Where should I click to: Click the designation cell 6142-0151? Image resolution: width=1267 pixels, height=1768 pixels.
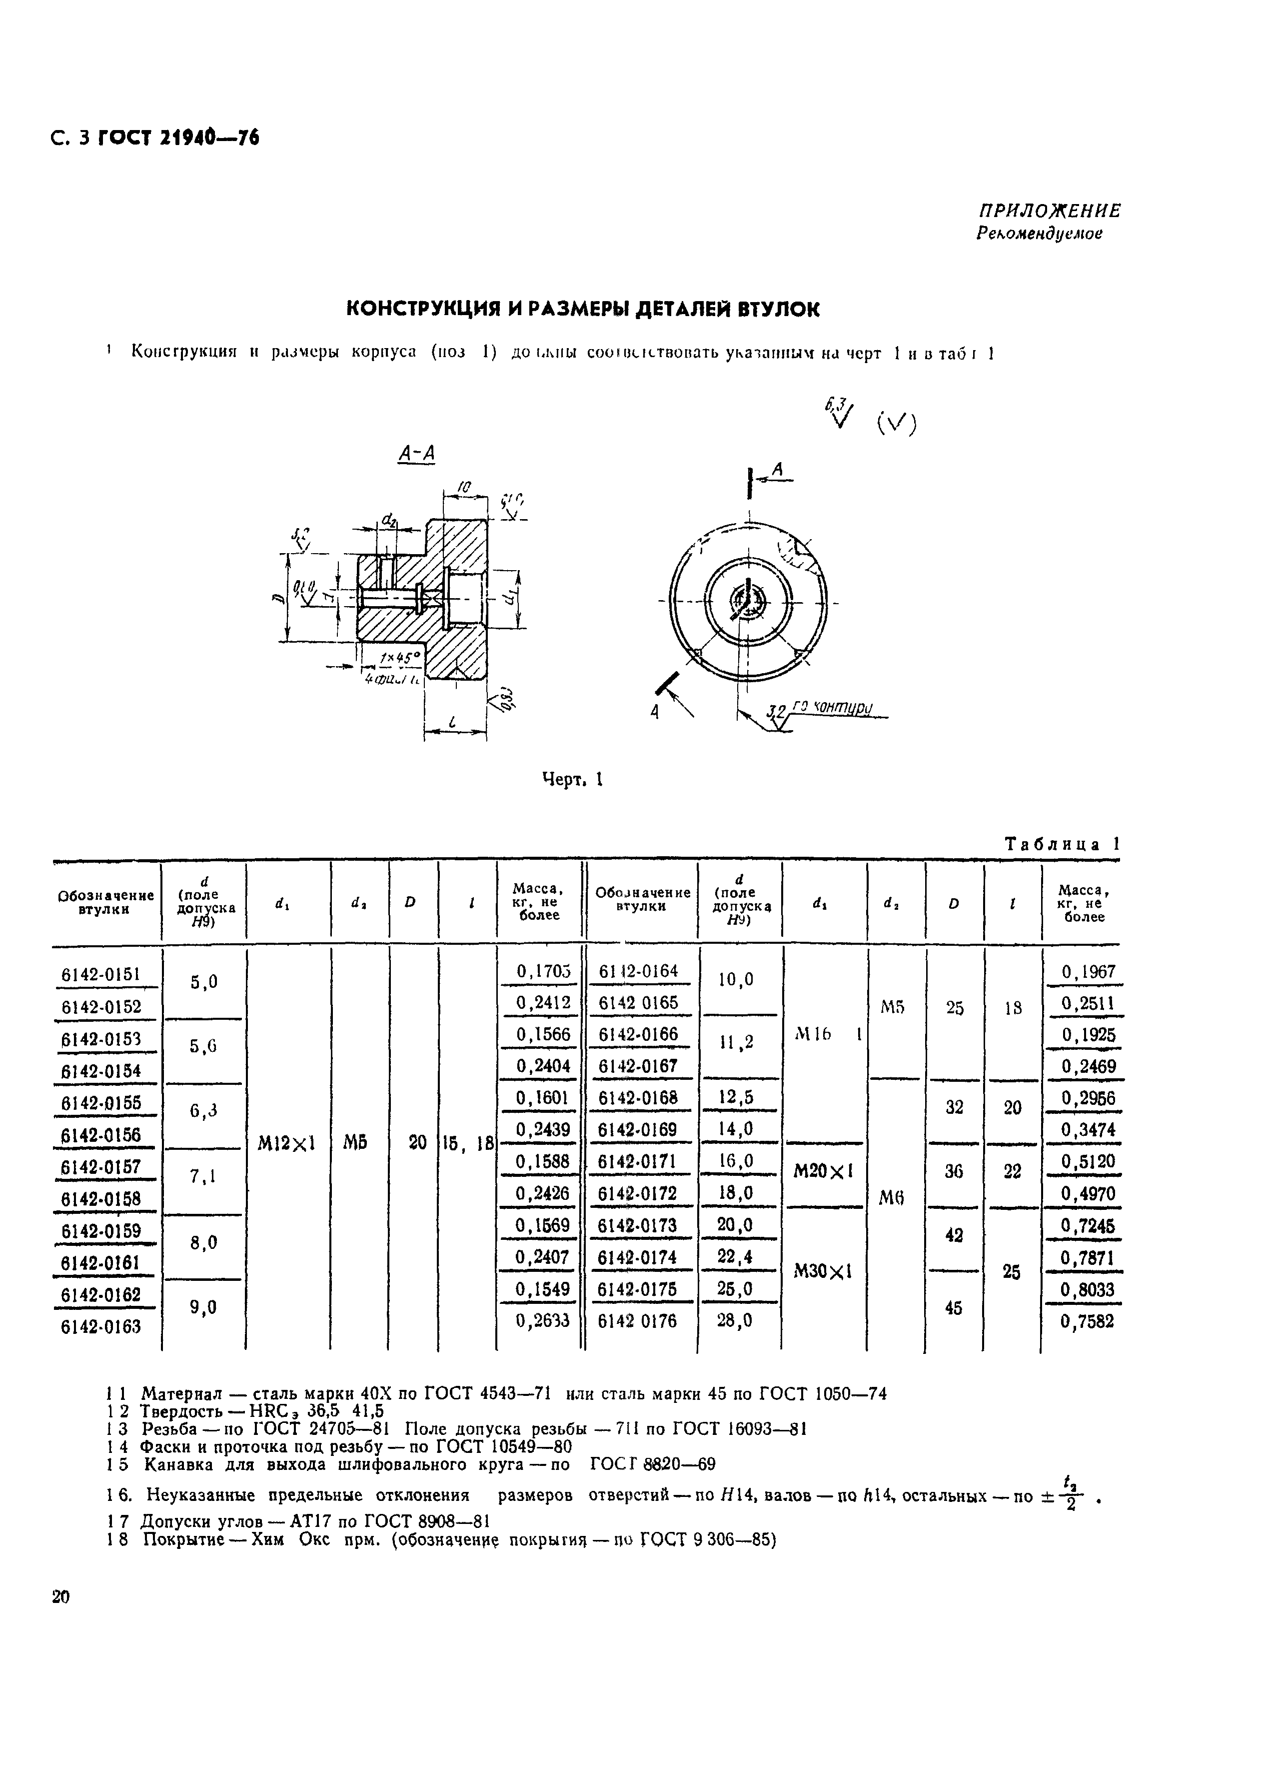pos(100,974)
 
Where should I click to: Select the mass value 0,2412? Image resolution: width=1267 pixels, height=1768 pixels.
pos(543,1002)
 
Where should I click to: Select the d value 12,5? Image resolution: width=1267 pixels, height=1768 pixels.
pos(736,1098)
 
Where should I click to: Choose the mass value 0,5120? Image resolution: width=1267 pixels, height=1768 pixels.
pos(1087,1161)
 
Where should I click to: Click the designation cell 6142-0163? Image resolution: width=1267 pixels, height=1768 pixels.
pos(100,1326)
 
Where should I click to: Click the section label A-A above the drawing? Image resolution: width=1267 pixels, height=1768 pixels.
pos(416,454)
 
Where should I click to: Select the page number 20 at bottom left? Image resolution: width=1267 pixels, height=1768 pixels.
pos(61,1596)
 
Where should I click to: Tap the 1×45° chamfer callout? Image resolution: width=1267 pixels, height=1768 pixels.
pos(399,658)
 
